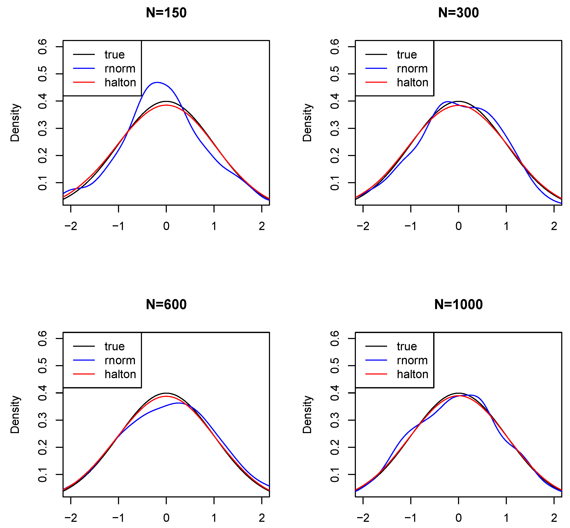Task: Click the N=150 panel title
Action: [166, 13]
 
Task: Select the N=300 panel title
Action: [458, 13]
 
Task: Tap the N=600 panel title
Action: [166, 305]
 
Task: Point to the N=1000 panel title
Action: [458, 305]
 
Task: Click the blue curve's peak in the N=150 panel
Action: [157, 82]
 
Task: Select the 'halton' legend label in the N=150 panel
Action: [120, 83]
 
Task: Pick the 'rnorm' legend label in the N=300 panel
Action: [412, 69]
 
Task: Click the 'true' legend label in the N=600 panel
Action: [115, 346]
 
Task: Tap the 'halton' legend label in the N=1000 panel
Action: [412, 374]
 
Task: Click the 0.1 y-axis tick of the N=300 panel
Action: [335, 183]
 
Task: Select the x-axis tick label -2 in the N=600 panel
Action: [71, 518]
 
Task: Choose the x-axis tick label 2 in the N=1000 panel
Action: [554, 518]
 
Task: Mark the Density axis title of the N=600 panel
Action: [15, 414]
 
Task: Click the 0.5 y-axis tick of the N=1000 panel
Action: [335, 366]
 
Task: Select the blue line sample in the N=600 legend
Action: [84, 360]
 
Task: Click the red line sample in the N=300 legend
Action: [376, 82]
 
